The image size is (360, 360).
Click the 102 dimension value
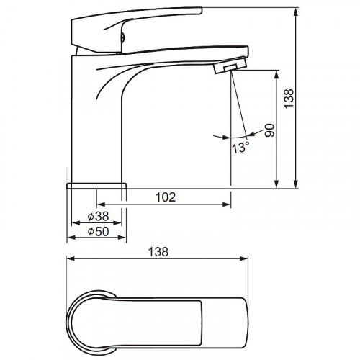[x=166, y=197]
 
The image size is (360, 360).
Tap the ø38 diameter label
[x=98, y=216]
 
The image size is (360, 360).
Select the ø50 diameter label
[x=98, y=231]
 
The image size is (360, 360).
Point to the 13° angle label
[x=240, y=148]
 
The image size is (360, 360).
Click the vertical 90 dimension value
[x=269, y=130]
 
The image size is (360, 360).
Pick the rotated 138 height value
[x=289, y=99]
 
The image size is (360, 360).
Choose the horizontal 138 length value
[x=158, y=252]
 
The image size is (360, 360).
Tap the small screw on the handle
[x=122, y=37]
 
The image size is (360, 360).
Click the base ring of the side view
[x=96, y=186]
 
